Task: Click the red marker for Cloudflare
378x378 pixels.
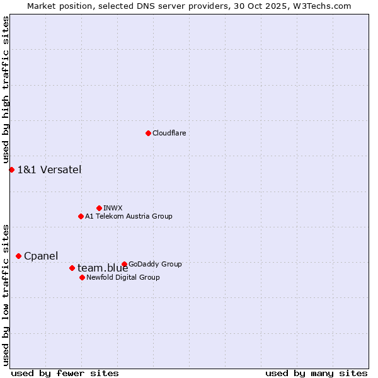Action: pyautogui.click(x=148, y=133)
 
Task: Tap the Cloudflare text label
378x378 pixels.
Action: pyautogui.click(x=169, y=133)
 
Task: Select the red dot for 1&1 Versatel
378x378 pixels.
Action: pyautogui.click(x=11, y=169)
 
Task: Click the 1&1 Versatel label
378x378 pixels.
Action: pyautogui.click(x=49, y=169)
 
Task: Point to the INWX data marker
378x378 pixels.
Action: pyautogui.click(x=99, y=208)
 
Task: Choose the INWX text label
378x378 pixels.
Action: pyautogui.click(x=113, y=208)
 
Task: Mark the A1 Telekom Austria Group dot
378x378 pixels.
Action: pyautogui.click(x=81, y=216)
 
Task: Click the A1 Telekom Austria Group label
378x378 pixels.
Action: pyautogui.click(x=129, y=216)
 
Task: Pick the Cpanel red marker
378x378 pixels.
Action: pyautogui.click(x=18, y=256)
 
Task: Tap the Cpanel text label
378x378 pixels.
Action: pyautogui.click(x=41, y=256)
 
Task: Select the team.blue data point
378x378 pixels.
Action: pyautogui.click(x=72, y=268)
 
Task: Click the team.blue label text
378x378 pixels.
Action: pyautogui.click(x=103, y=268)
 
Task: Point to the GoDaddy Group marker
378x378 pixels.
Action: pyautogui.click(x=124, y=264)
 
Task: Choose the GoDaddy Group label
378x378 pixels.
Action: pyautogui.click(x=155, y=264)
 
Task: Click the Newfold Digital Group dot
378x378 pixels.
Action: pyautogui.click(x=82, y=277)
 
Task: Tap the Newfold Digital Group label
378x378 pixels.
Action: pyautogui.click(x=123, y=277)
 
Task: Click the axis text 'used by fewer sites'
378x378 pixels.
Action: pyautogui.click(x=65, y=374)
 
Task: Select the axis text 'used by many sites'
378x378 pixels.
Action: pyautogui.click(x=316, y=374)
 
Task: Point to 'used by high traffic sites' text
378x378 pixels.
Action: pyautogui.click(x=6, y=89)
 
